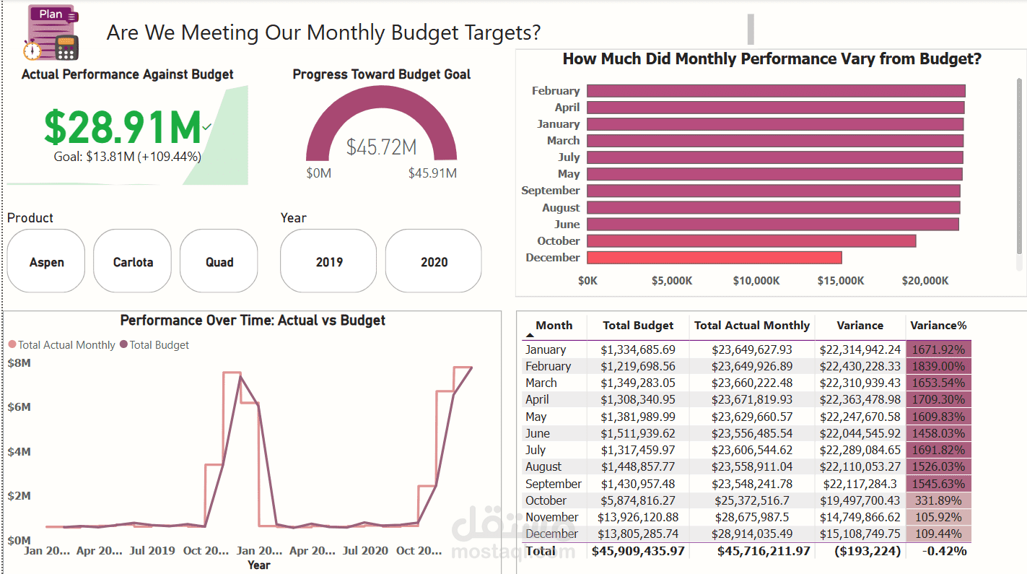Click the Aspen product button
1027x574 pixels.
tap(46, 261)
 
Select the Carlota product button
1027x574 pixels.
tap(133, 261)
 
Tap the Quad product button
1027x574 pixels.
tap(219, 261)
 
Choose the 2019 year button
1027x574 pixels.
tap(329, 261)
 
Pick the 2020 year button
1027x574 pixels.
tap(434, 261)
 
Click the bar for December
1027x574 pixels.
tap(714, 258)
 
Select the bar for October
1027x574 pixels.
tap(751, 241)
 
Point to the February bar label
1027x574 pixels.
tap(555, 91)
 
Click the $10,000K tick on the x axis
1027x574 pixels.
tap(756, 281)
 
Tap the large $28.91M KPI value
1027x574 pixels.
tap(123, 128)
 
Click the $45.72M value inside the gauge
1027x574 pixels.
tap(381, 147)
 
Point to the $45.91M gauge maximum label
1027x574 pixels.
tap(432, 173)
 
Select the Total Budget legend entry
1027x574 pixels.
tap(154, 345)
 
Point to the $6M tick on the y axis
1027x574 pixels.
tap(19, 407)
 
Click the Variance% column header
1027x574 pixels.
tap(938, 326)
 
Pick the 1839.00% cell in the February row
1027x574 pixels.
tap(938, 366)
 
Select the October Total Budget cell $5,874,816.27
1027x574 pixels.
tap(638, 500)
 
